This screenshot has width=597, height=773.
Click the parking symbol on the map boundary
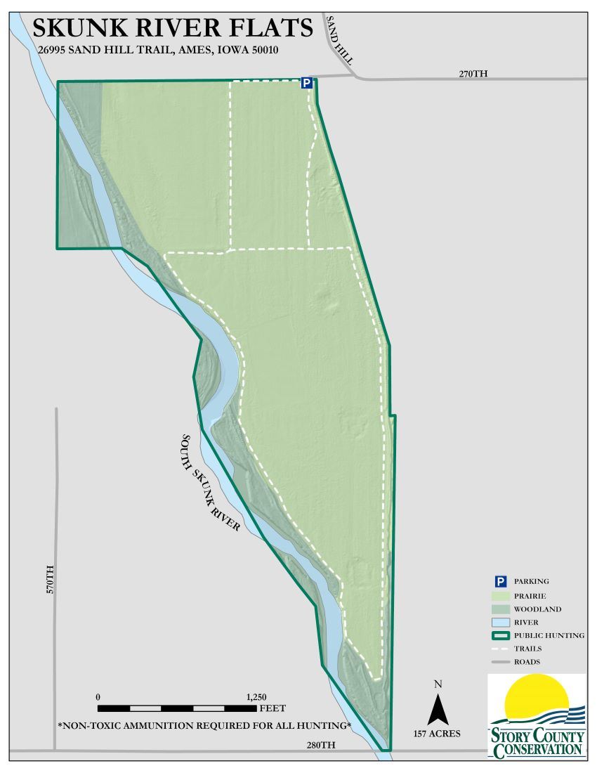point(307,84)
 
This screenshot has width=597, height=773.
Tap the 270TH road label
point(473,74)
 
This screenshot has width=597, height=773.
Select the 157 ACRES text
point(437,734)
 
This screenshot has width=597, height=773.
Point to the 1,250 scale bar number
point(256,696)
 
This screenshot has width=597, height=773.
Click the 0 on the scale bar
point(98,696)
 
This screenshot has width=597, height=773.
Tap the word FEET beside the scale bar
point(273,708)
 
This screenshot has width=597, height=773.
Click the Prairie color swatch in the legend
point(501,595)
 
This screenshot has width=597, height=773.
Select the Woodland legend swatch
point(501,609)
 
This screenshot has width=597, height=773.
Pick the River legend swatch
point(501,622)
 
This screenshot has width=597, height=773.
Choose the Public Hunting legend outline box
point(501,635)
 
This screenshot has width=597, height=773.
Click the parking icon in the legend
point(501,581)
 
